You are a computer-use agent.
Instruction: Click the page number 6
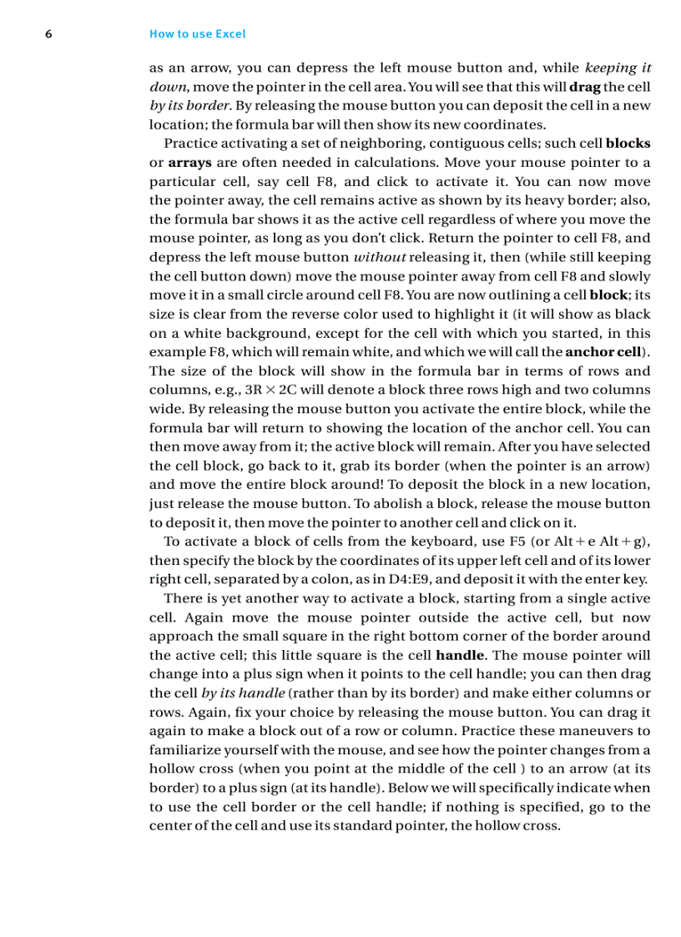[x=48, y=34]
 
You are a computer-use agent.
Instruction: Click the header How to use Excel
[x=197, y=34]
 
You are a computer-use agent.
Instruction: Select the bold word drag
[x=584, y=87]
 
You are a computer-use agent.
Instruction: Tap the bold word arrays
[x=184, y=163]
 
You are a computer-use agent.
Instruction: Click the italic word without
[x=380, y=257]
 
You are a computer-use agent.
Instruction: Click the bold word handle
[x=460, y=655]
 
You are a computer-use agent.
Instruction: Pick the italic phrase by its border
[x=190, y=106]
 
